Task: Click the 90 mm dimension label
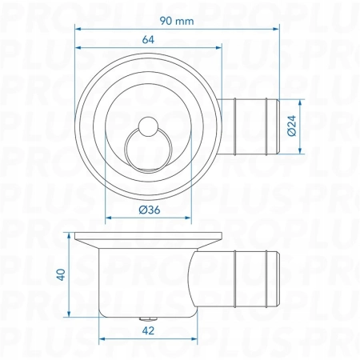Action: coord(177,21)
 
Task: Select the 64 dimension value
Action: coord(148,40)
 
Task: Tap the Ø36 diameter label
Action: coord(150,210)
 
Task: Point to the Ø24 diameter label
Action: coord(292,126)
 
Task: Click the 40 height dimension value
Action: coord(61,274)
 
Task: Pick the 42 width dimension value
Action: coord(148,330)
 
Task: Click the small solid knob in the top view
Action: coord(148,126)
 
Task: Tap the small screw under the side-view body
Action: coord(149,318)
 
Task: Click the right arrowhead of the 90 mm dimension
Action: coord(276,29)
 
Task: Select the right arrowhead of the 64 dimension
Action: coord(218,47)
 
